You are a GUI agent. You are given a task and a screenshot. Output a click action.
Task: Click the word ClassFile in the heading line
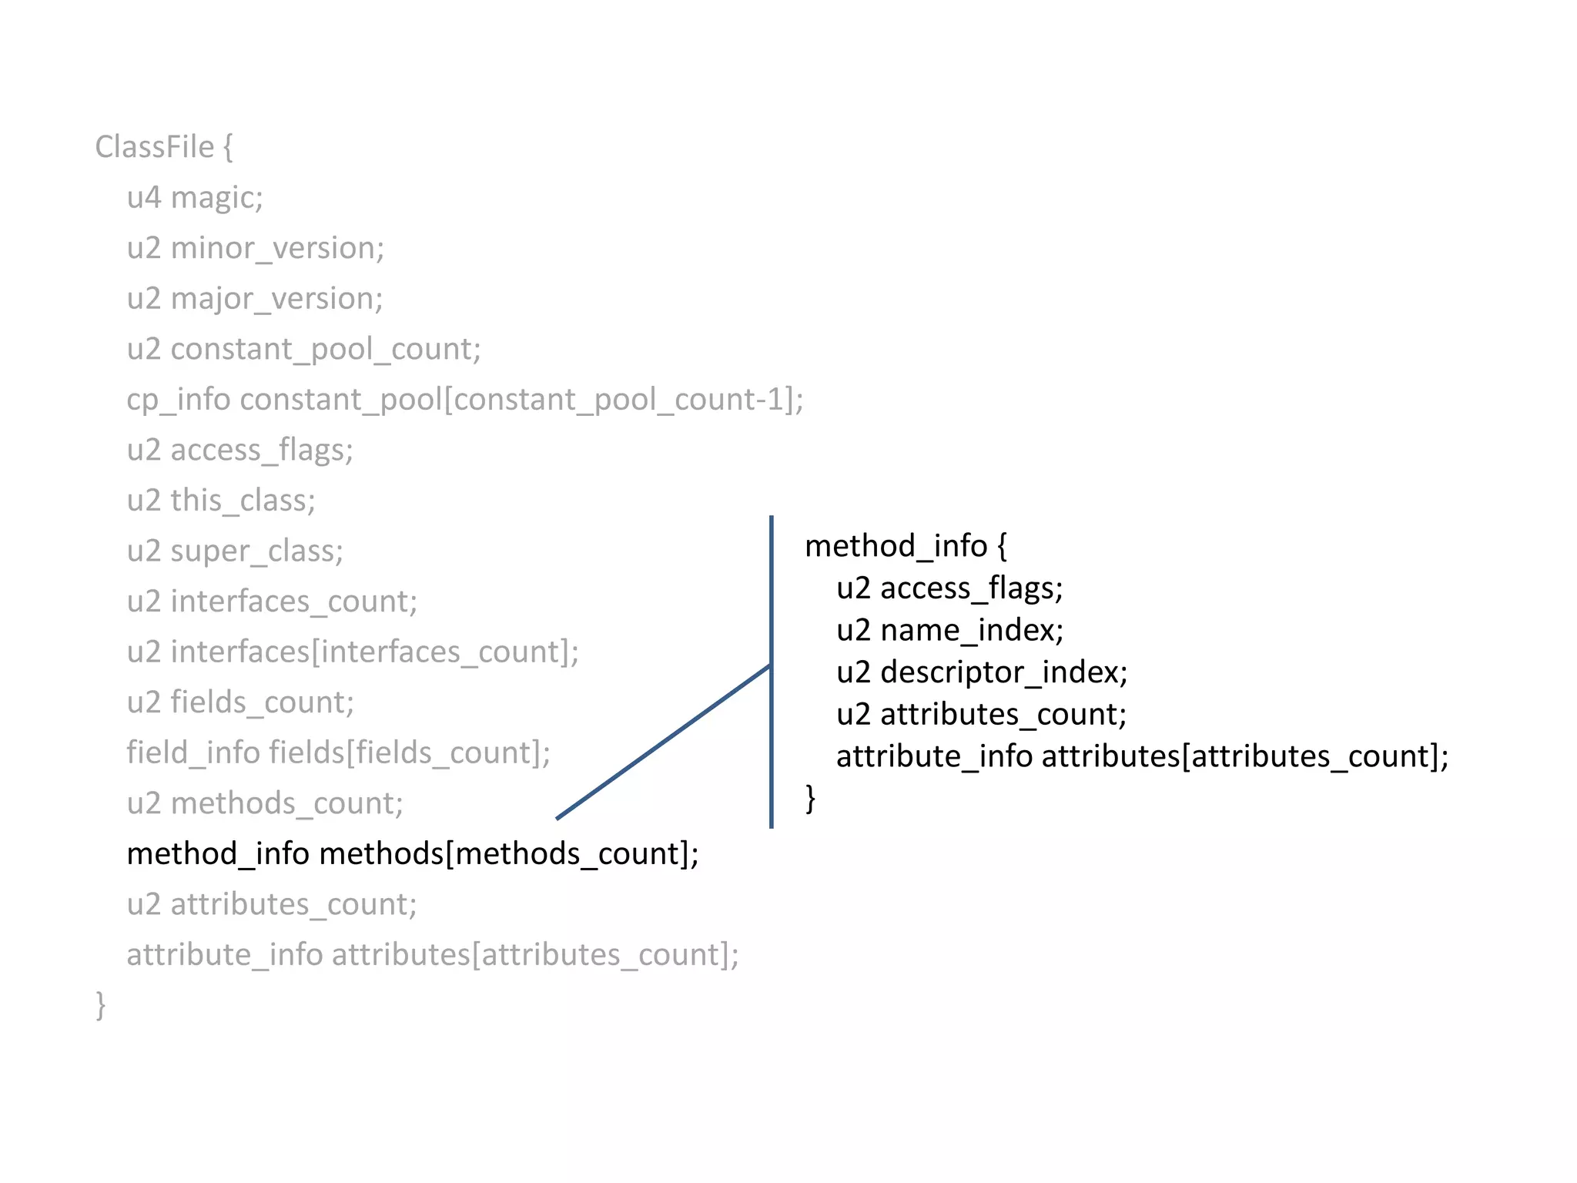[154, 147]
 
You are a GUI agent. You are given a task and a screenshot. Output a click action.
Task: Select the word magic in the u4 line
[216, 198]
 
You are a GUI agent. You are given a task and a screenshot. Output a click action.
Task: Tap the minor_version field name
[277, 248]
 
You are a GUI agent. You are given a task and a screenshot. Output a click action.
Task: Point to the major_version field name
[276, 299]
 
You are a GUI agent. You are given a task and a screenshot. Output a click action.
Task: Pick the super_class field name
[256, 551]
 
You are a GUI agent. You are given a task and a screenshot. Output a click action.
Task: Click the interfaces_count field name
[293, 602]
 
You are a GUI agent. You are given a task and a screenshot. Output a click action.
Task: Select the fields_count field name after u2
[262, 702]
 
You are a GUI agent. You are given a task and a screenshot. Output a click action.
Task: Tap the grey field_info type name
[193, 752]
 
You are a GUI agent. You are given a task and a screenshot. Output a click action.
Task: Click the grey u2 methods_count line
[265, 803]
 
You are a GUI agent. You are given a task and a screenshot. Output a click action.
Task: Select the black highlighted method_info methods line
[413, 853]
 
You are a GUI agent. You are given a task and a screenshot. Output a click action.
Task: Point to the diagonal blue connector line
[662, 742]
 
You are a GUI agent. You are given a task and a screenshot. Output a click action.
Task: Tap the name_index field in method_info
[971, 630]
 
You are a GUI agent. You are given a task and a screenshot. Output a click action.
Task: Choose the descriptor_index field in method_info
[1003, 672]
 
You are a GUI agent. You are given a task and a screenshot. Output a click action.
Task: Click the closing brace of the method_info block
[810, 798]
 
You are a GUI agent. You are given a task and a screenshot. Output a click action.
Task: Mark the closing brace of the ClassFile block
[100, 1004]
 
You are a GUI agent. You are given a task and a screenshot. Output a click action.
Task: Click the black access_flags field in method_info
[971, 588]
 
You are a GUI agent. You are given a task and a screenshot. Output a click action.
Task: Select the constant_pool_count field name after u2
[325, 349]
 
